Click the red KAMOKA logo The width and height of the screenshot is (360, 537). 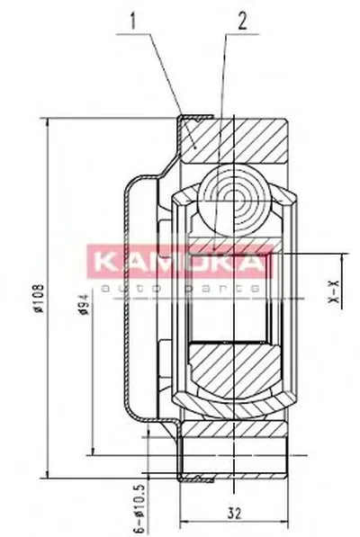pos(178,264)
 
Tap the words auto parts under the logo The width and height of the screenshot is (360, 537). pos(178,285)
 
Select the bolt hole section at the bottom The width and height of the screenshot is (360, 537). pos(236,446)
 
